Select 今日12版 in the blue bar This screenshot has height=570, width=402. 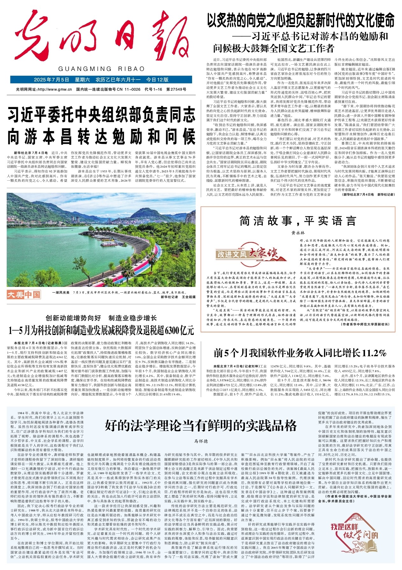click(157, 80)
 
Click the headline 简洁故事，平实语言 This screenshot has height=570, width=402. click(298, 220)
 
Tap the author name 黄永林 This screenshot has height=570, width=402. click(298, 233)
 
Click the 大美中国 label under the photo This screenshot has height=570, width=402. click(24, 295)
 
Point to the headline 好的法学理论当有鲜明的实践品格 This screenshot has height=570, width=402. click(201, 425)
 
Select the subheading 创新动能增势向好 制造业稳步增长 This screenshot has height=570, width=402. click(101, 318)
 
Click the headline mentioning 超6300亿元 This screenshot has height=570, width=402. click(101, 330)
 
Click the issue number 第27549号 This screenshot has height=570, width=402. click(176, 89)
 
